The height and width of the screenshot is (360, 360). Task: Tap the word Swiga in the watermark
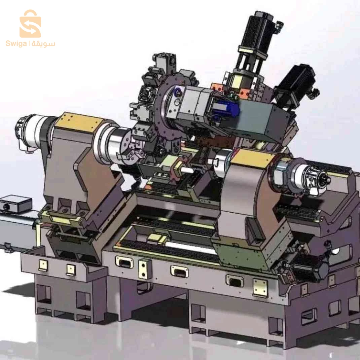(x=16, y=44)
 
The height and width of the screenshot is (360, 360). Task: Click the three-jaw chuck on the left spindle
(x=130, y=151)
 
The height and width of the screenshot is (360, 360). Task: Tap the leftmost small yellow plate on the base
(x=43, y=265)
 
